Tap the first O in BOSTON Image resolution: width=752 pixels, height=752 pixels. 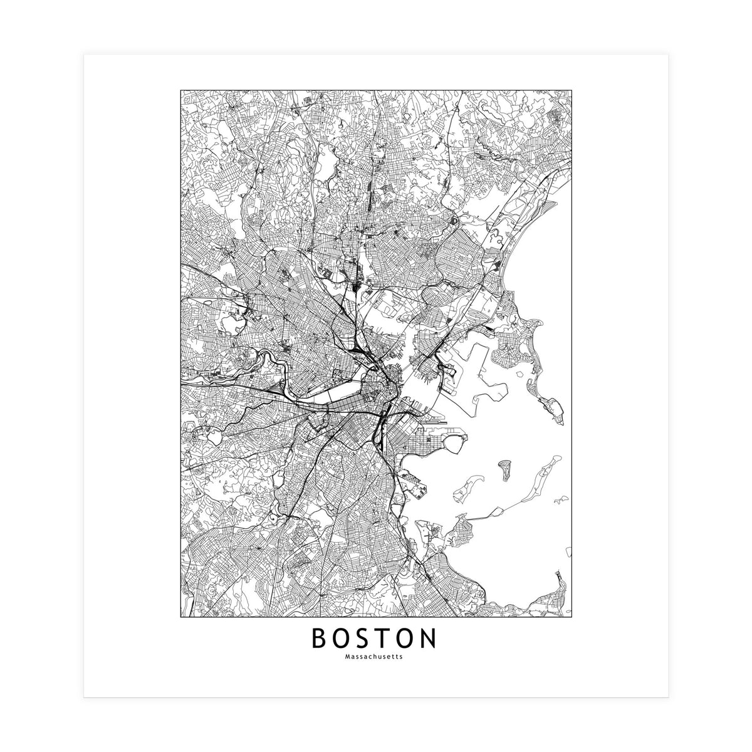pos(344,639)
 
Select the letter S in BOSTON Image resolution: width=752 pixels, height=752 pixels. pos(368,639)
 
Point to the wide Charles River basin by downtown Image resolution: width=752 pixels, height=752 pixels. pos(326,396)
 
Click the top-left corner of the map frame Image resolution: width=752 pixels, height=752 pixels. pos(180,90)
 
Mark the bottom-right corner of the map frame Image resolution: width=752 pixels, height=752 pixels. pos(572,617)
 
